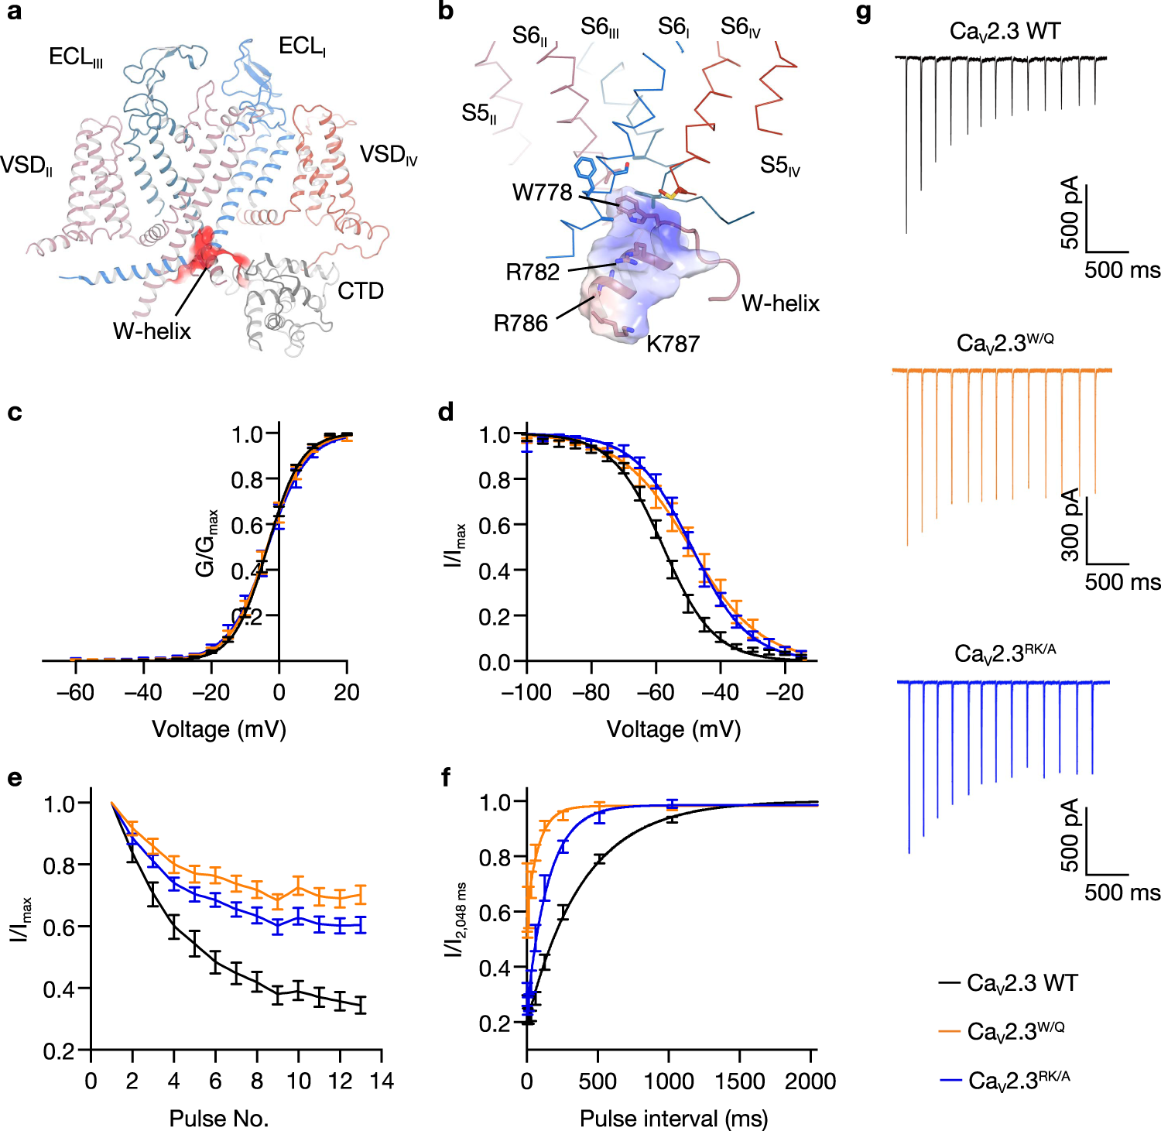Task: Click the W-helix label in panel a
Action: [x=152, y=331]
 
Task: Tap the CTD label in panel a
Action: [x=361, y=291]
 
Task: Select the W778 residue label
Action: [x=542, y=192]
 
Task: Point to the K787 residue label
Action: [x=673, y=344]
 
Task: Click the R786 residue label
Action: [x=520, y=323]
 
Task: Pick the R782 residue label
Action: [x=533, y=272]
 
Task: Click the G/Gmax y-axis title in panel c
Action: [x=207, y=543]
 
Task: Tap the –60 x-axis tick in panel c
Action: [x=75, y=692]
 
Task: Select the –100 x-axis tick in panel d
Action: [x=526, y=692]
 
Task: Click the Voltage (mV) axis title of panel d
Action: [x=673, y=729]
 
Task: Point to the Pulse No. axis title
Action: [x=219, y=1119]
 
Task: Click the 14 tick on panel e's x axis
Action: [x=382, y=1081]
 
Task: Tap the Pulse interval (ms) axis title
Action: [x=673, y=1119]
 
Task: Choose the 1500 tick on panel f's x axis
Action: [x=740, y=1081]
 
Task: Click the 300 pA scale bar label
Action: [x=1070, y=525]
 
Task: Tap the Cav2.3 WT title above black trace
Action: [x=1005, y=32]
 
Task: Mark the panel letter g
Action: [x=865, y=13]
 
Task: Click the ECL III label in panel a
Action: [x=75, y=57]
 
